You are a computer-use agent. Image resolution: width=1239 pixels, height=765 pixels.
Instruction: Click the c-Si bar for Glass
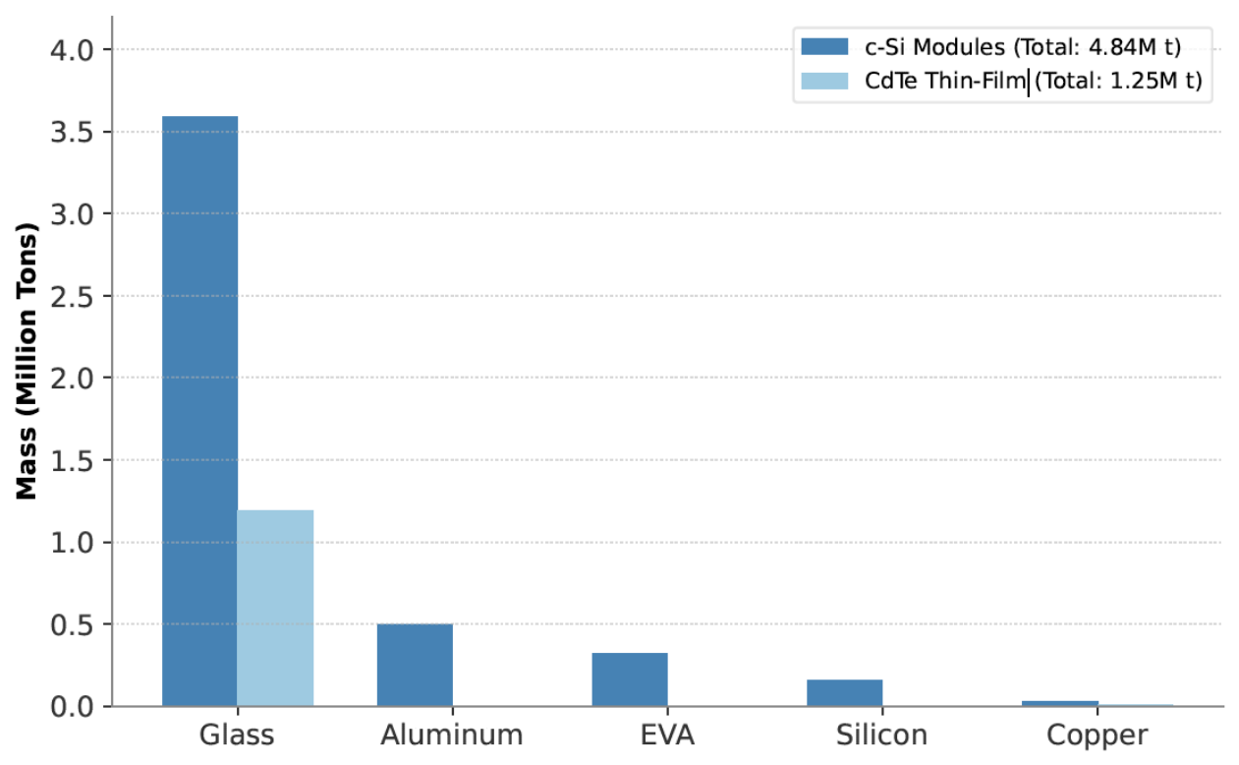[x=199, y=411]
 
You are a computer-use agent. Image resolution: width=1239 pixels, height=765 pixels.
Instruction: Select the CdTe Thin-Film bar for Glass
[x=275, y=608]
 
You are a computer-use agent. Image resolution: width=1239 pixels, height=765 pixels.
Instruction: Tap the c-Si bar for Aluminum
[x=415, y=665]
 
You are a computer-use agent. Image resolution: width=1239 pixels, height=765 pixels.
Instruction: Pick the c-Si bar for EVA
[x=630, y=679]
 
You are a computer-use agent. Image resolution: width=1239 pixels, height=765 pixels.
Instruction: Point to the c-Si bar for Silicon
[x=845, y=692]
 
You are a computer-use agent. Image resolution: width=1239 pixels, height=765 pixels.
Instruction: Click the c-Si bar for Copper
[x=1060, y=704]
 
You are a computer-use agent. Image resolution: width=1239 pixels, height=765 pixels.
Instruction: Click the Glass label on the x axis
[x=237, y=736]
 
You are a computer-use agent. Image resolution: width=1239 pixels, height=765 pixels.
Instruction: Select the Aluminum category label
[x=452, y=736]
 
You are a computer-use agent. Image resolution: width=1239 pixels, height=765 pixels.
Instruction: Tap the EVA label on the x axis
[x=667, y=736]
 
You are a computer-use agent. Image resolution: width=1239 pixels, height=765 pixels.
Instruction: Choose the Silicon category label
[x=881, y=736]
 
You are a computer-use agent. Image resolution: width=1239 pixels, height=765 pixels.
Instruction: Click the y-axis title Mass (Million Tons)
[x=26, y=362]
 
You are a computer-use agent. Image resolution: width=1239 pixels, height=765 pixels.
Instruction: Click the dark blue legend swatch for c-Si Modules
[x=824, y=46]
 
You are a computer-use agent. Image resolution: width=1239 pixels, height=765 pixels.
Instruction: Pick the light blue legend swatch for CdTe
[x=824, y=81]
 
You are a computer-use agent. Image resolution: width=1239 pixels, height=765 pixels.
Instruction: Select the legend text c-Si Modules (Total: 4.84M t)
[x=1023, y=47]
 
